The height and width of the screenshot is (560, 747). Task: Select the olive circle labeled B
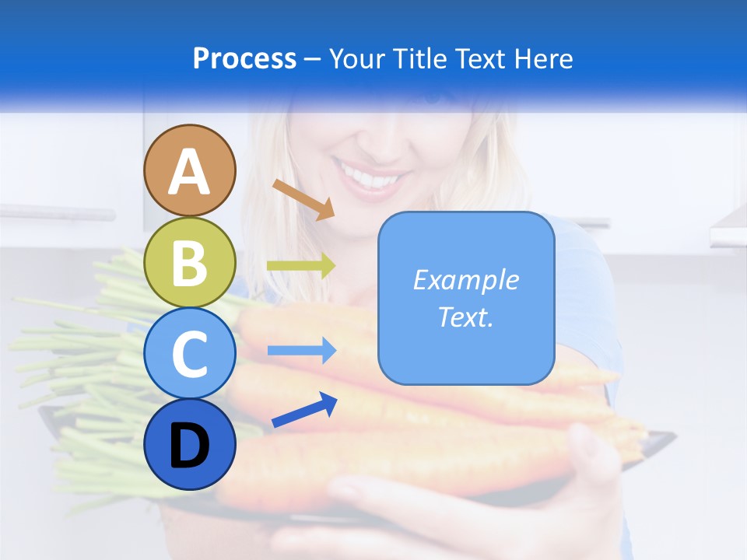point(190,262)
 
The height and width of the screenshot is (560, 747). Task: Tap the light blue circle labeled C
point(190,354)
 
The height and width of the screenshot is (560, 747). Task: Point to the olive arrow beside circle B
point(300,266)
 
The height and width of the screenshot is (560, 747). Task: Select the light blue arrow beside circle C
point(301,351)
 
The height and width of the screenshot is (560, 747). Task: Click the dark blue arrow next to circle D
point(304,411)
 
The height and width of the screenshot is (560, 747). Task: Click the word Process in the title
point(244,58)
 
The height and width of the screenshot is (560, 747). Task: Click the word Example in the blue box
point(465,280)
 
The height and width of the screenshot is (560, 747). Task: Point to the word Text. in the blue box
point(465,317)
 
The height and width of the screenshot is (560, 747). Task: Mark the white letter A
point(190,173)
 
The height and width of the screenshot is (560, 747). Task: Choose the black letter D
point(190,446)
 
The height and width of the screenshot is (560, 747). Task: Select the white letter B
point(190,264)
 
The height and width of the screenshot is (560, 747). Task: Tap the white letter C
point(190,355)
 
